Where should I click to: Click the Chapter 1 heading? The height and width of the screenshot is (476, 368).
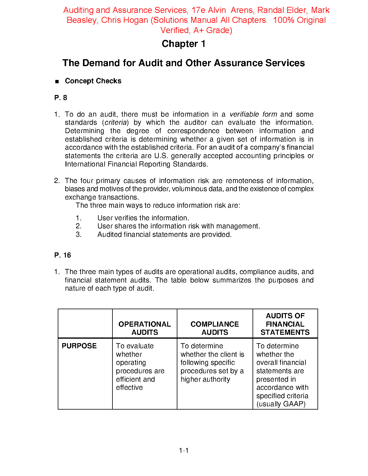(x=183, y=44)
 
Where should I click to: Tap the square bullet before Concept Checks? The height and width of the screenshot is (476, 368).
(x=57, y=81)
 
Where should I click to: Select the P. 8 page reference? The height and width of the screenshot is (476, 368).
(x=61, y=98)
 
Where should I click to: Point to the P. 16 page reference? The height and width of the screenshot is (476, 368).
(x=63, y=255)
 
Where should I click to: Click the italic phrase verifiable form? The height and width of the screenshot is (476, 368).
(x=253, y=114)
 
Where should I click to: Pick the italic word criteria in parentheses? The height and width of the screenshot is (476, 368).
(x=116, y=123)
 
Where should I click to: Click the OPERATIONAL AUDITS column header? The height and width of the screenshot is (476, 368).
(x=145, y=328)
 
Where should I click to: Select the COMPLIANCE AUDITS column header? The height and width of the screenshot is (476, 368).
(x=215, y=328)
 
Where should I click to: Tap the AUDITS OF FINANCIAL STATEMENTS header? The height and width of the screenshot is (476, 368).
(x=285, y=324)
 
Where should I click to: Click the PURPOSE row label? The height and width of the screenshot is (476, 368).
(x=79, y=346)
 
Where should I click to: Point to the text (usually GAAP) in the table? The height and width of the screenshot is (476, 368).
(x=281, y=404)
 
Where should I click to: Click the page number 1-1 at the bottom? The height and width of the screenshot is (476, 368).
(x=184, y=450)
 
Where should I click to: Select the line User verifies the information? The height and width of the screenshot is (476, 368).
(x=143, y=218)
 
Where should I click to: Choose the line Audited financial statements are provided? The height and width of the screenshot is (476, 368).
(x=164, y=235)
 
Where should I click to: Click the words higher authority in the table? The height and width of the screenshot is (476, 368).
(x=205, y=380)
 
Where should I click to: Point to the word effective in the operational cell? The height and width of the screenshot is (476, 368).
(x=129, y=388)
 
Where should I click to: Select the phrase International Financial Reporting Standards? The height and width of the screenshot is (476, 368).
(x=136, y=164)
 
